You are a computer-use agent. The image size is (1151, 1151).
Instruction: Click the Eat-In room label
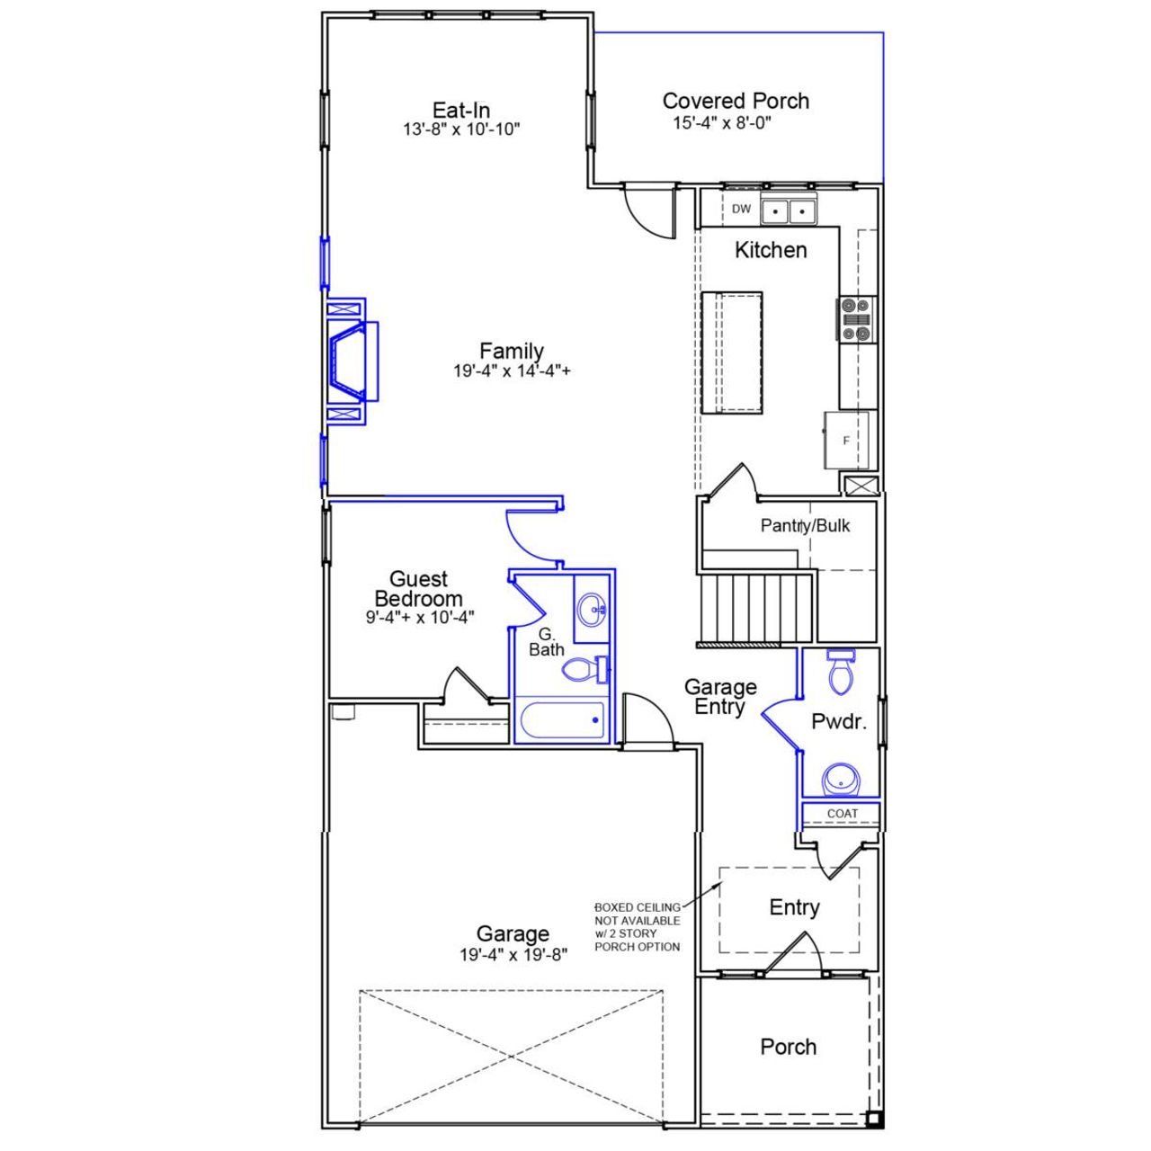[x=461, y=110]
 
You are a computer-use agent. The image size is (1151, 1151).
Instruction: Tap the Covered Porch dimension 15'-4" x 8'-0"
[x=722, y=123]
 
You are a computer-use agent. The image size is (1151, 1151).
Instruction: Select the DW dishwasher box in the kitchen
[x=741, y=210]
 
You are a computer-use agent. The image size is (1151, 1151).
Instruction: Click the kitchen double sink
[x=789, y=211]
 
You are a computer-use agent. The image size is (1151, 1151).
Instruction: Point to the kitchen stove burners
[x=856, y=320]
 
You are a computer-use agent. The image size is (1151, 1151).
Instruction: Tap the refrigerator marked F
[x=846, y=441]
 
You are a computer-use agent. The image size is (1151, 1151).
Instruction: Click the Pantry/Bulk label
[x=805, y=526]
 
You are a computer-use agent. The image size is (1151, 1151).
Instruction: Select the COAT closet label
[x=843, y=814]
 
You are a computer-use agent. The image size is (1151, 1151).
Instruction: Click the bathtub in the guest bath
[x=560, y=720]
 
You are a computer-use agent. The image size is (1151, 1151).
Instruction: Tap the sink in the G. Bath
[x=592, y=611]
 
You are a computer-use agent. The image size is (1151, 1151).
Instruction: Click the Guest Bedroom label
[x=419, y=589]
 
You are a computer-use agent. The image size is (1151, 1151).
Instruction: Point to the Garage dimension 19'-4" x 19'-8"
[x=513, y=955]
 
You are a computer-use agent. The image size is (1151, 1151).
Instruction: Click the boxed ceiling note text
[x=638, y=927]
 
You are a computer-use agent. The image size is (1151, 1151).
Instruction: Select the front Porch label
[x=789, y=1047]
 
